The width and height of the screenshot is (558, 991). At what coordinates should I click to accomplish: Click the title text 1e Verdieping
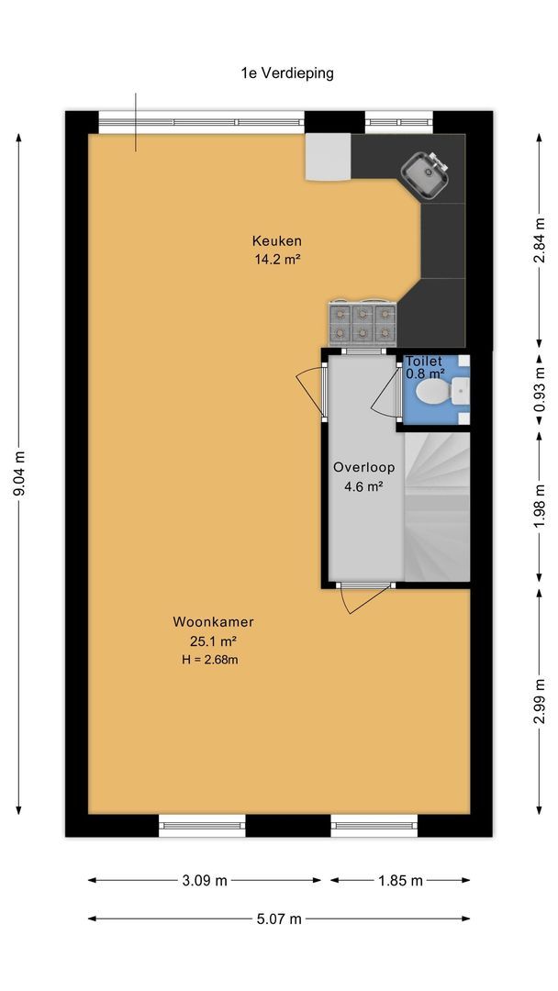(287, 73)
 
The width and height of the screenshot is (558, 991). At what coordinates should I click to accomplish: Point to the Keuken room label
(277, 240)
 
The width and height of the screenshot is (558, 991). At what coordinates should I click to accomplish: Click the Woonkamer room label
(214, 622)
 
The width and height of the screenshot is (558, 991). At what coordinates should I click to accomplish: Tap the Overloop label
(364, 468)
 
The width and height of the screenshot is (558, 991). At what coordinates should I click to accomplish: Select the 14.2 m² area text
(277, 259)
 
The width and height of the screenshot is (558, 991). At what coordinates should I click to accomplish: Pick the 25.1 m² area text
(214, 641)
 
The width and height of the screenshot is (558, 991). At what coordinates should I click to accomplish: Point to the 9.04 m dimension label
(19, 473)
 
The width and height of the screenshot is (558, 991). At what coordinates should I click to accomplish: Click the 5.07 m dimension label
(279, 919)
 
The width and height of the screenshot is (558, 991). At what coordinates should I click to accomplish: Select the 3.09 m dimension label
(205, 880)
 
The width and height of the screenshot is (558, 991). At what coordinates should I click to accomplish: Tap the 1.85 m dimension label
(400, 880)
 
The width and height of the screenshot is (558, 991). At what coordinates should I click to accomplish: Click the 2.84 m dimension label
(539, 239)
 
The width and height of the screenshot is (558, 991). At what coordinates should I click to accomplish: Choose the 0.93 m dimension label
(539, 390)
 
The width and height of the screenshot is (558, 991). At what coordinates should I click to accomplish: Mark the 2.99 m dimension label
(539, 702)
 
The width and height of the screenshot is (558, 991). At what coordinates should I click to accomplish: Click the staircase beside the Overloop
(437, 506)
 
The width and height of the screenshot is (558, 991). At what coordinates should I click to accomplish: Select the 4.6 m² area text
(364, 486)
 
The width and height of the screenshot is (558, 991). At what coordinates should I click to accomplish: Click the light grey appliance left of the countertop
(328, 157)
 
